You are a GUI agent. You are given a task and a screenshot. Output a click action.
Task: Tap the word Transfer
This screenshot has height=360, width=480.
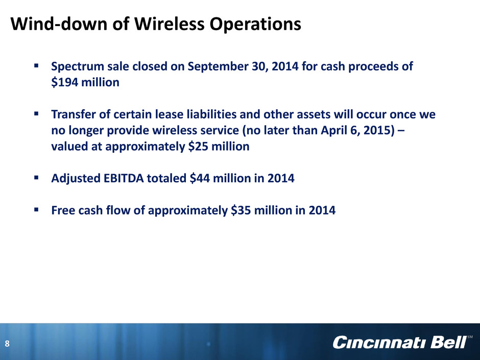tap(77, 114)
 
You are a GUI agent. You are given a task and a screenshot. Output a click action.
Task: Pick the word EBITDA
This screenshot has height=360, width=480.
tap(124, 178)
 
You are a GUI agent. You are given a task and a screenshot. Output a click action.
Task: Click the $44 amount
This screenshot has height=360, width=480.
tap(200, 178)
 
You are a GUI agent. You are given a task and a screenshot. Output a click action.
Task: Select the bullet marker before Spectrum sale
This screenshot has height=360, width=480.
tap(36, 65)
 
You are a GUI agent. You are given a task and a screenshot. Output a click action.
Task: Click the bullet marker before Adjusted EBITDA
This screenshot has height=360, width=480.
tap(36, 177)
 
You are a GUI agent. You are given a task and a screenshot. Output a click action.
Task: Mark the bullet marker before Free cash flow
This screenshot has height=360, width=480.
tap(36, 209)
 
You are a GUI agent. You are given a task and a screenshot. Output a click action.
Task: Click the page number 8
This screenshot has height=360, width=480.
tap(7, 344)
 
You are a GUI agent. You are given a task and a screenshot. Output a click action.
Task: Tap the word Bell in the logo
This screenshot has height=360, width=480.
tap(448, 343)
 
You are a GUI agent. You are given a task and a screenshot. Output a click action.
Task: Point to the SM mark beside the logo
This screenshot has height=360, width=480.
tap(470, 337)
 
